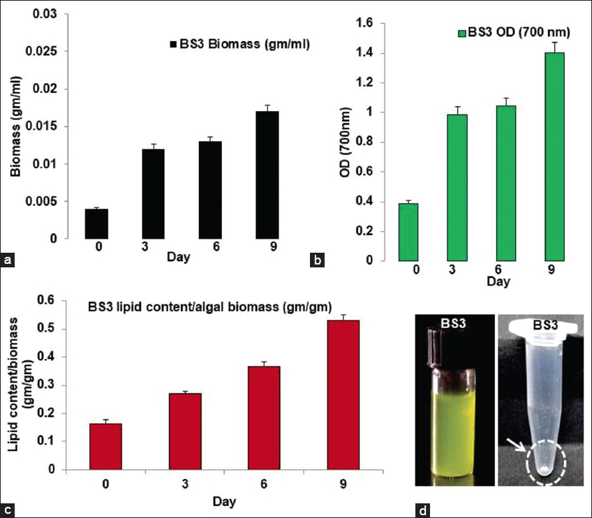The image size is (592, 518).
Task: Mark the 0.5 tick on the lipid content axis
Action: pyautogui.click(x=64, y=329)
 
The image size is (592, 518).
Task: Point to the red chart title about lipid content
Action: pyautogui.click(x=209, y=306)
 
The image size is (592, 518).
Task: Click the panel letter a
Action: pyautogui.click(x=8, y=261)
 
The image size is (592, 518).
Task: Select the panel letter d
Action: pyautogui.click(x=423, y=510)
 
